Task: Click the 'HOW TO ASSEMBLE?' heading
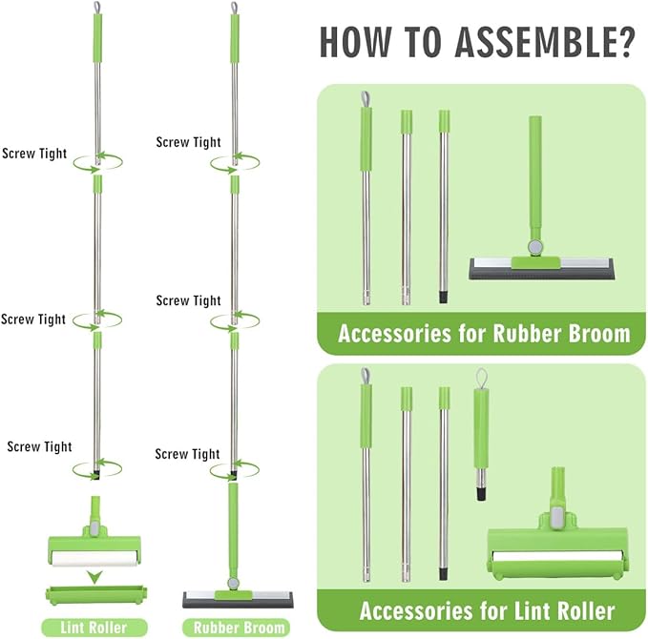(x=477, y=43)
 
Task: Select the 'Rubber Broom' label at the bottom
(x=240, y=628)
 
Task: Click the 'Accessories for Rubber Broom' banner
(x=484, y=334)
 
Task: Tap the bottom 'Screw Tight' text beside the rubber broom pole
(x=187, y=454)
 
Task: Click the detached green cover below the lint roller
(x=94, y=595)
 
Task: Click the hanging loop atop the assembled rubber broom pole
(x=234, y=9)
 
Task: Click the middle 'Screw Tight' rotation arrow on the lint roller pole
(x=97, y=320)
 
